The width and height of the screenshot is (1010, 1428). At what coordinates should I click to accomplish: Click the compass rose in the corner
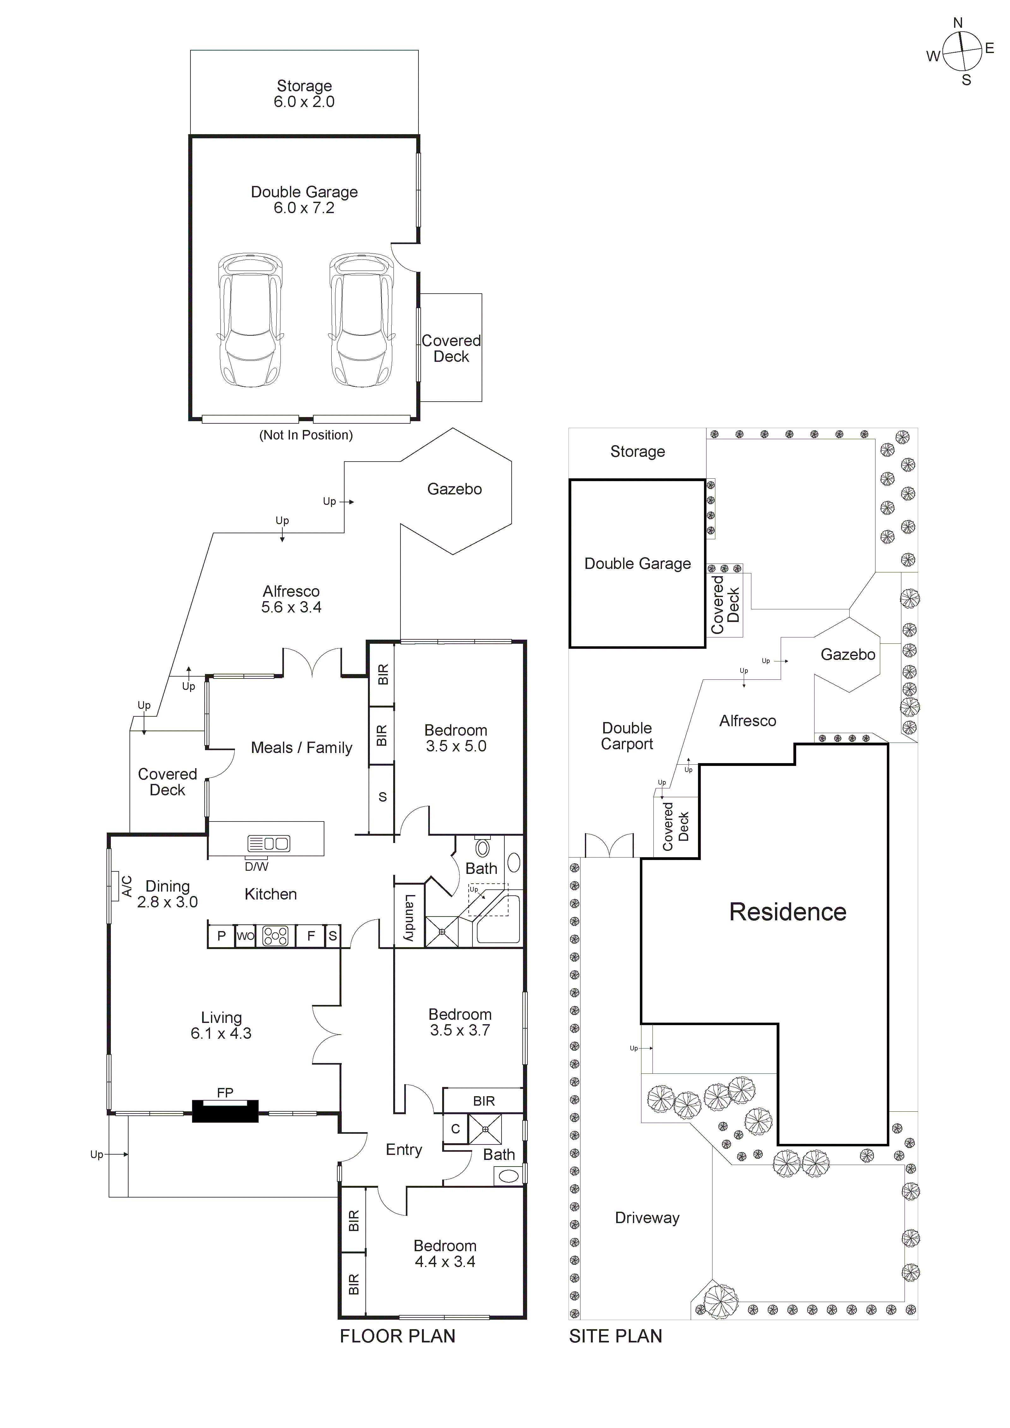[x=961, y=52]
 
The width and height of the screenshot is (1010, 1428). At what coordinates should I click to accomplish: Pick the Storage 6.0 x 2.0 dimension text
[x=304, y=102]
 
